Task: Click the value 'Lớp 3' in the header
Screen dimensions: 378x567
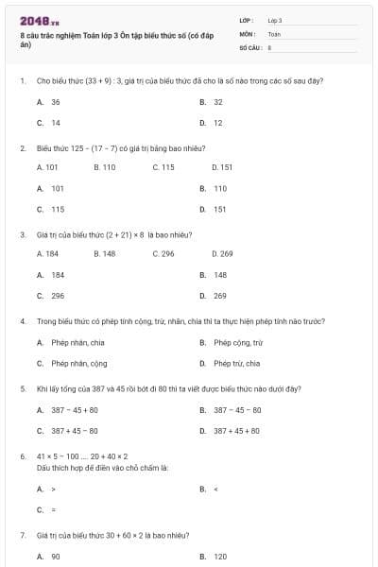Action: (x=275, y=20)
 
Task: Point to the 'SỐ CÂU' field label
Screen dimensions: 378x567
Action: (x=249, y=46)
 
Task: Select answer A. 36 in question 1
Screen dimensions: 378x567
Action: (x=49, y=101)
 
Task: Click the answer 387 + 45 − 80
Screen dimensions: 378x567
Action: (x=68, y=431)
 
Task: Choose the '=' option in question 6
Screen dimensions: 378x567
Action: (x=46, y=510)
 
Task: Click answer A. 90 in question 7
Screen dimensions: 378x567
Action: (x=49, y=557)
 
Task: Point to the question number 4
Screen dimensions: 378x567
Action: (x=23, y=321)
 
